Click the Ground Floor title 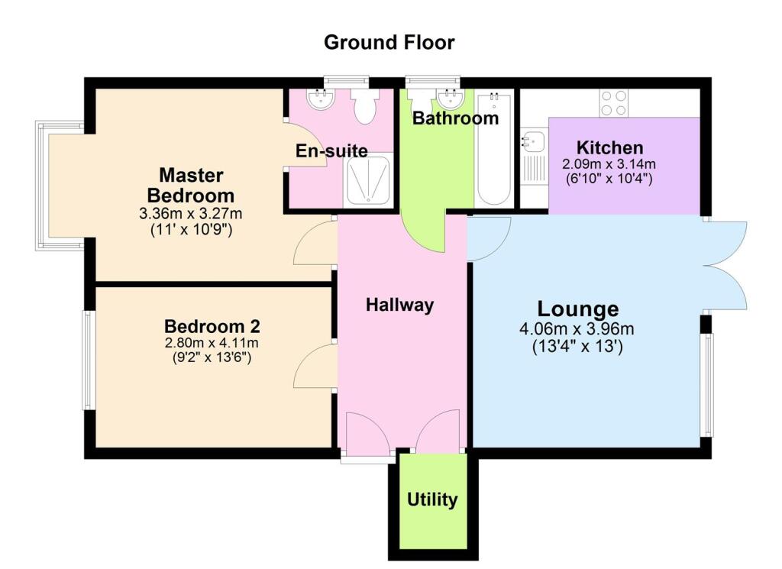pyautogui.click(x=389, y=42)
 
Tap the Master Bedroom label pyautogui.click(x=191, y=184)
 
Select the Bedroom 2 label pyautogui.click(x=212, y=327)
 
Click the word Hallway pyautogui.click(x=399, y=305)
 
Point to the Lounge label pyautogui.click(x=578, y=309)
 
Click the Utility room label pyautogui.click(x=432, y=499)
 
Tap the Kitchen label pyautogui.click(x=609, y=147)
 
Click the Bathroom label pyautogui.click(x=455, y=118)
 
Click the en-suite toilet pyautogui.click(x=365, y=108)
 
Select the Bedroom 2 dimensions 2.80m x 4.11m pyautogui.click(x=212, y=343)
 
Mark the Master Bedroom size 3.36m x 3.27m pyautogui.click(x=191, y=212)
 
